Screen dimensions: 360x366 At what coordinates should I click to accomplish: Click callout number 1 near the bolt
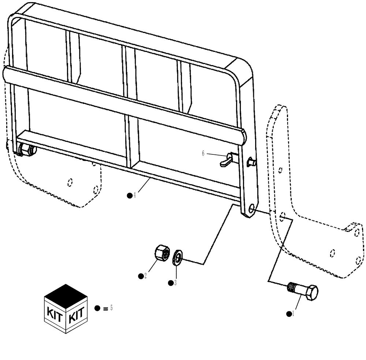293,314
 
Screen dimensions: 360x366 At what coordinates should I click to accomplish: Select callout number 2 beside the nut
145,275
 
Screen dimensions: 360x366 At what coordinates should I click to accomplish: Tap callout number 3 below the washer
175,283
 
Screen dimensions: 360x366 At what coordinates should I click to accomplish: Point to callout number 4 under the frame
135,195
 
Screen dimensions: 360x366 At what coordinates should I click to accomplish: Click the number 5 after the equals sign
111,308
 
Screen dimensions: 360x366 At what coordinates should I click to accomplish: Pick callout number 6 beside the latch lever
203,154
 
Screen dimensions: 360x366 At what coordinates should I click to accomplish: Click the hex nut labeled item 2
161,253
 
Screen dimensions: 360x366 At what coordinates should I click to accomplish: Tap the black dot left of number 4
130,196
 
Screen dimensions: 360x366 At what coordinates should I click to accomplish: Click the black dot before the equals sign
97,308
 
